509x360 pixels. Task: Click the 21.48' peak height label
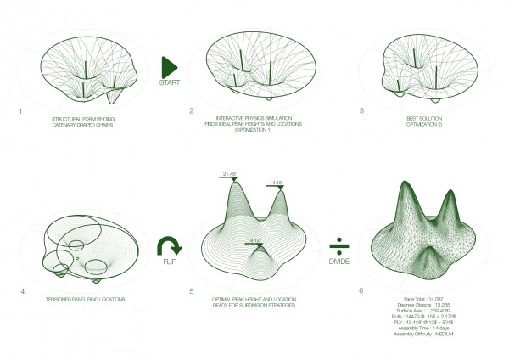[228, 174]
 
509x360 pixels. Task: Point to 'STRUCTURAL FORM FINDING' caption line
[84, 117]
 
